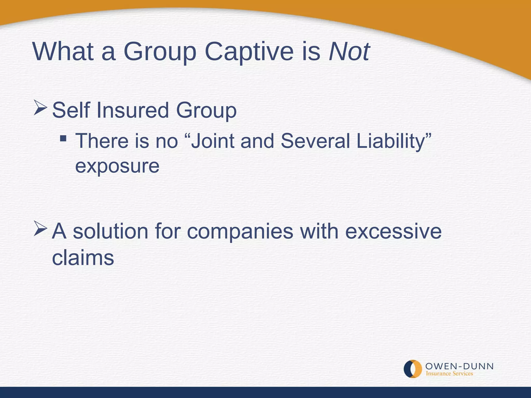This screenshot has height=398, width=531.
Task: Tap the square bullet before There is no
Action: click(63, 138)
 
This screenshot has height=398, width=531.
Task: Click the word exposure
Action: click(117, 166)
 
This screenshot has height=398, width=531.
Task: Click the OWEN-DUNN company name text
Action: click(459, 366)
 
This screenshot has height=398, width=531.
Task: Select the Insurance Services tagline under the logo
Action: click(449, 374)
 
